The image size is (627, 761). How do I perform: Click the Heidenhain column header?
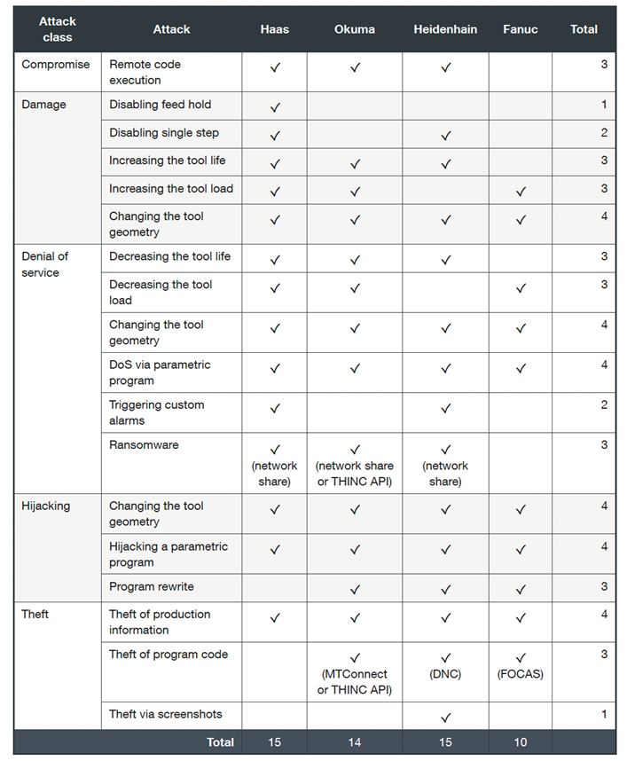point(445,29)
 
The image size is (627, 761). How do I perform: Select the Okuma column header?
point(355,29)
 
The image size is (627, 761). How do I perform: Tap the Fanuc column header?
point(520,29)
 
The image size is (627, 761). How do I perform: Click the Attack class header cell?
point(58,29)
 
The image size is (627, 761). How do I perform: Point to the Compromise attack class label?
point(56,65)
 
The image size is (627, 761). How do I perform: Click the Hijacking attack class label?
point(45,506)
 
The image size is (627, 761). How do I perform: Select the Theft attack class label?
point(35,615)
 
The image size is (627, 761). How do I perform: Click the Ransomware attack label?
point(144,445)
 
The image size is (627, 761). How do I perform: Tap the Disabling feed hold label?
point(161,105)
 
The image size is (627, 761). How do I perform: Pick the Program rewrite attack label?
point(152,587)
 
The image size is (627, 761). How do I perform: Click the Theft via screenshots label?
point(166,715)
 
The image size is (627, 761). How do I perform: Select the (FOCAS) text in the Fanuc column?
point(521,674)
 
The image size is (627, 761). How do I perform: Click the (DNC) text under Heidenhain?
point(445,674)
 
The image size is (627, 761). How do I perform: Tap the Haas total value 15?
point(275,742)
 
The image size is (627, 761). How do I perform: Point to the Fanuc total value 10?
point(520,742)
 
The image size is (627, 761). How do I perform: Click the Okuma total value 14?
point(355,742)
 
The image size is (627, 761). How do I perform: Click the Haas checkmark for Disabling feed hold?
point(275,107)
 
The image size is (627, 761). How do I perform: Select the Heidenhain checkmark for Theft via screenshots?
point(445,718)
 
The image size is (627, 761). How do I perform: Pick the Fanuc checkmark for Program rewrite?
point(521,590)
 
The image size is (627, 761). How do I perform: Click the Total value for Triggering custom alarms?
point(604,405)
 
